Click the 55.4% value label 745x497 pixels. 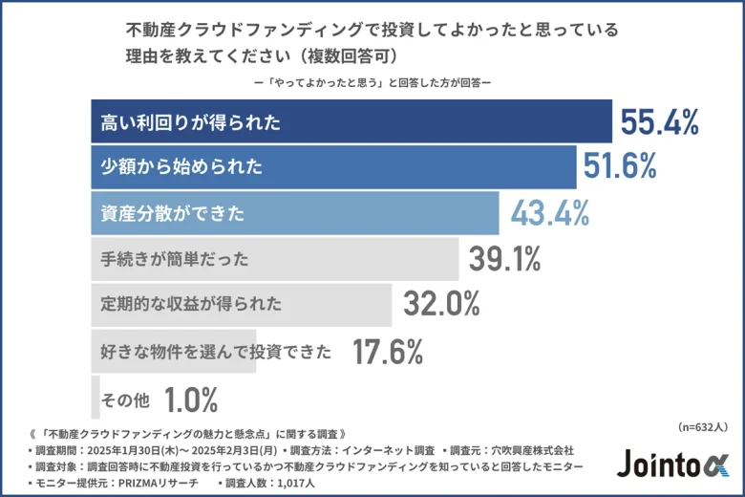click(660, 122)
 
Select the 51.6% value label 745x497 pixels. click(620, 167)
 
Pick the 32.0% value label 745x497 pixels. click(440, 304)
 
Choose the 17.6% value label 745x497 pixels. click(388, 352)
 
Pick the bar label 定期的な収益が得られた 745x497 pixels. click(191, 305)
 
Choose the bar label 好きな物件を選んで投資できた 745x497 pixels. click(216, 352)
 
